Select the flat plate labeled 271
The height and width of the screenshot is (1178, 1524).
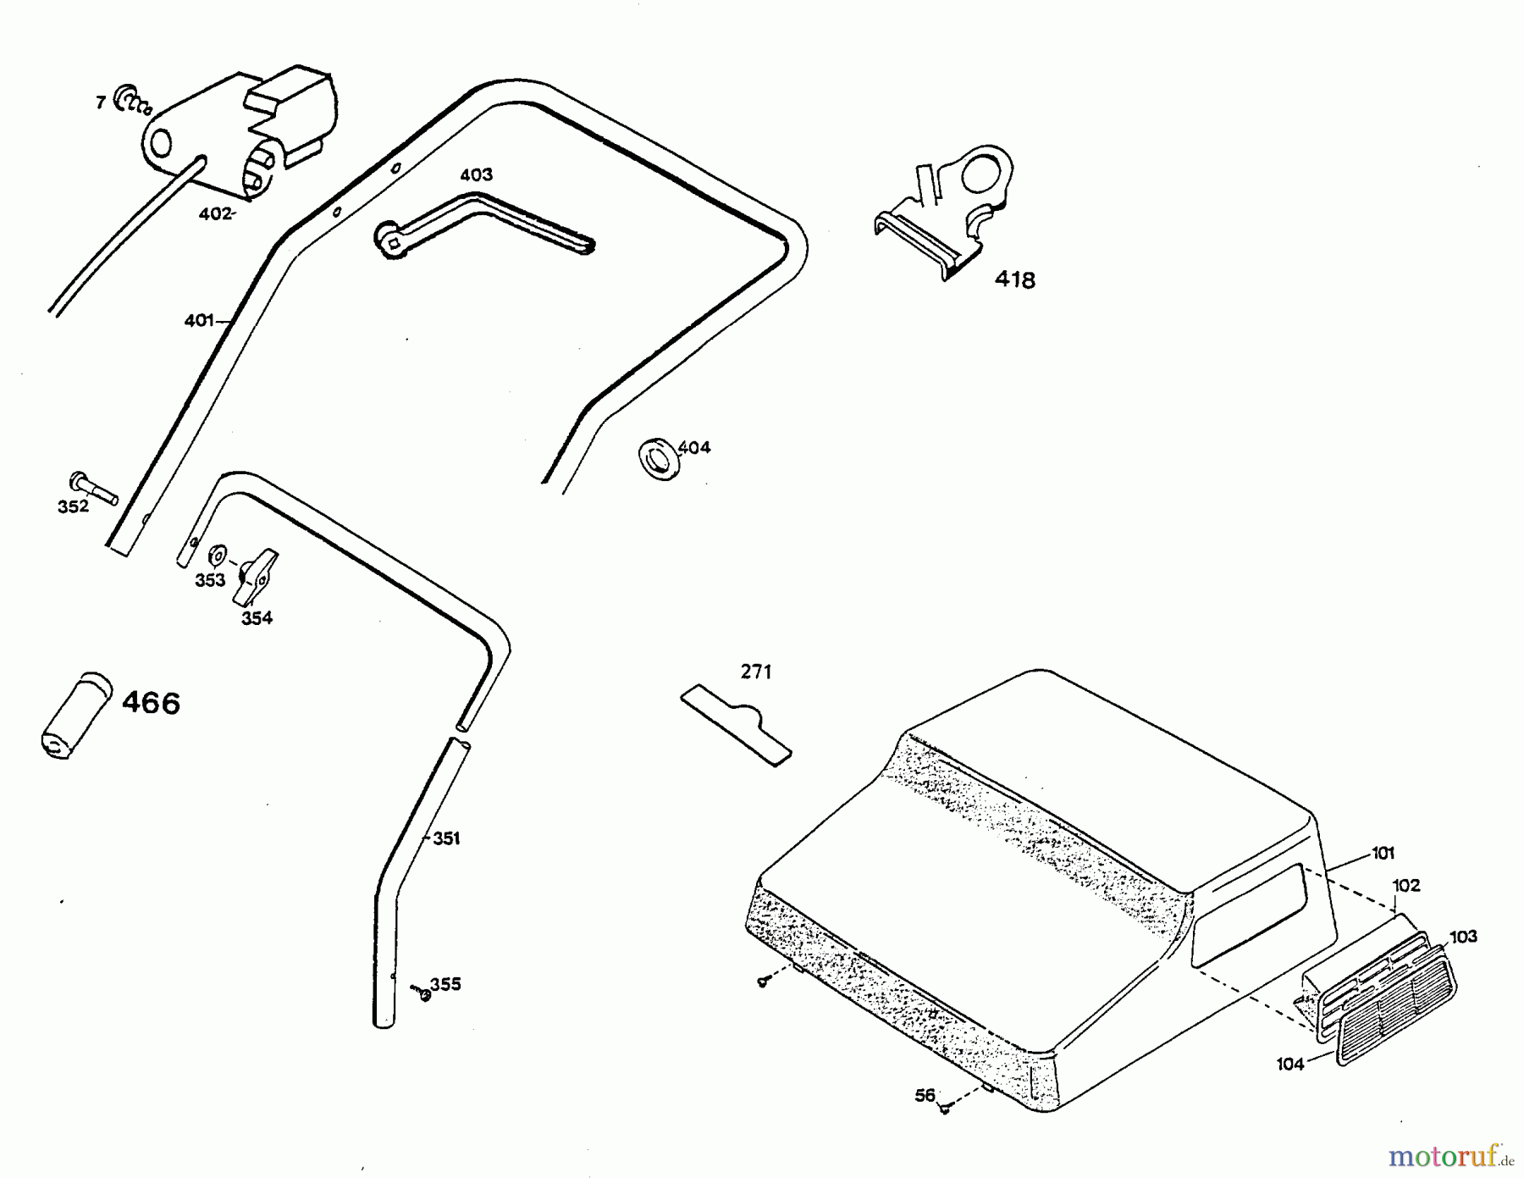click(736, 724)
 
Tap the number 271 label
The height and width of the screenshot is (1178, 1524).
click(756, 672)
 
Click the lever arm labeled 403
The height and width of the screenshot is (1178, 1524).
click(483, 223)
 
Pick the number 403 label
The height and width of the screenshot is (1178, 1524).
click(476, 174)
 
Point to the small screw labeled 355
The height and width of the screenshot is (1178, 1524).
click(422, 993)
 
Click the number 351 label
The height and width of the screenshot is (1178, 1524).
click(446, 838)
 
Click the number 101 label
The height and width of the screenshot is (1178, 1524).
click(1383, 853)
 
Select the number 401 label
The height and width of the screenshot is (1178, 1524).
click(198, 321)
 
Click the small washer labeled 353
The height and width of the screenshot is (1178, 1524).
click(217, 556)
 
